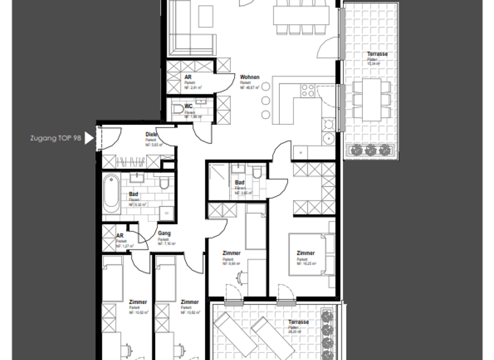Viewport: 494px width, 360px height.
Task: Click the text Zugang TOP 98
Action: tap(55, 138)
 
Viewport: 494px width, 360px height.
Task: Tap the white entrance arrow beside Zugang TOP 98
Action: tap(89, 138)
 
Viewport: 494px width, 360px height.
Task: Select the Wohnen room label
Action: tap(250, 77)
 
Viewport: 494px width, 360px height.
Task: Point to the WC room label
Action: tap(188, 107)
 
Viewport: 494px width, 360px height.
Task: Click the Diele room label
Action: tap(151, 134)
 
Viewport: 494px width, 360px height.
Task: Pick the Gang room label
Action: tap(163, 234)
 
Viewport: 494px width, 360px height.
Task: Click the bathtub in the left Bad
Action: tap(111, 195)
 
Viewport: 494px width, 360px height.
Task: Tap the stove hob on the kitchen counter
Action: tap(306, 91)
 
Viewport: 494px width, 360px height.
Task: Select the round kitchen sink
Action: tap(328, 138)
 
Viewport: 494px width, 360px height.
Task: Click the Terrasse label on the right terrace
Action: tap(377, 55)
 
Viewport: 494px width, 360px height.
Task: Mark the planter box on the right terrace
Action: tap(370, 150)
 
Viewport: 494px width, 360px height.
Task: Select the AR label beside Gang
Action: tap(120, 235)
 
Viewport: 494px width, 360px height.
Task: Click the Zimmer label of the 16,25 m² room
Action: tap(306, 253)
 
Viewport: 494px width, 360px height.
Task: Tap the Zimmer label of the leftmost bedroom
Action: tap(138, 302)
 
